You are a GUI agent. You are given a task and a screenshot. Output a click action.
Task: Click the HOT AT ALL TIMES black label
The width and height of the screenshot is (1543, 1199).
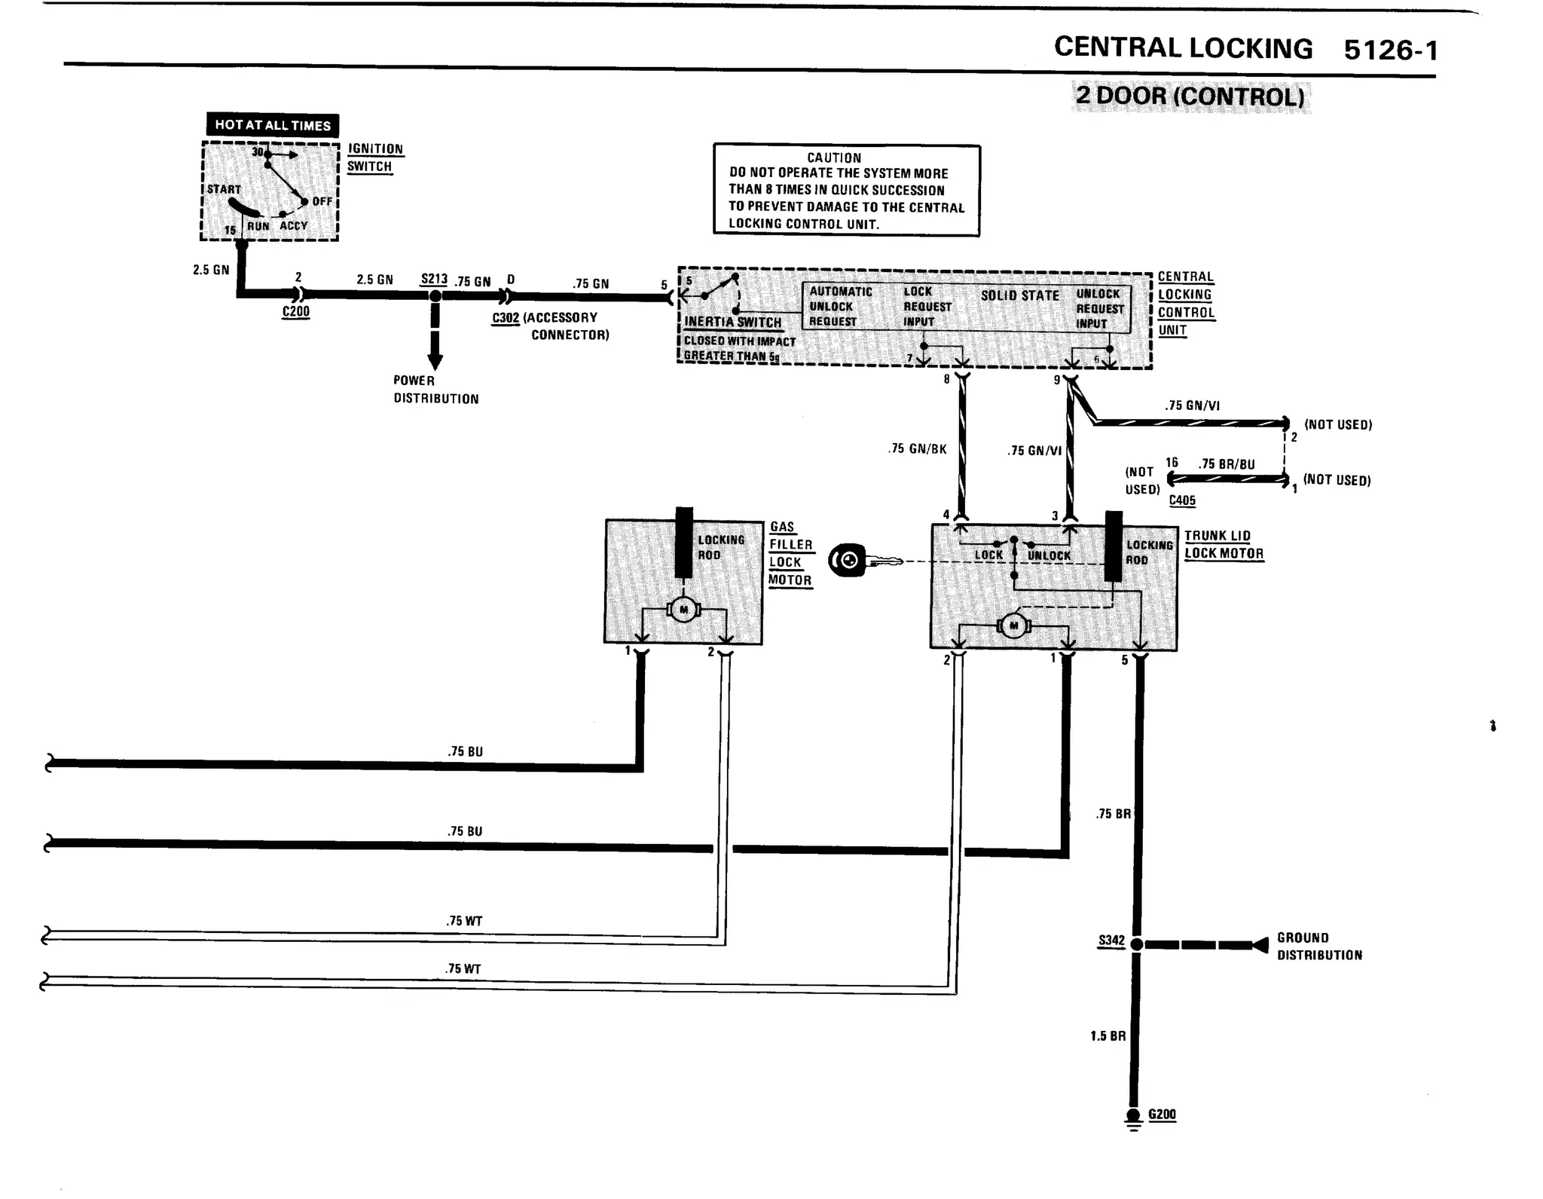[272, 125]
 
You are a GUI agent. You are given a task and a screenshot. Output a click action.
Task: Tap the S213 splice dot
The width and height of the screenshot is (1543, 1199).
[435, 296]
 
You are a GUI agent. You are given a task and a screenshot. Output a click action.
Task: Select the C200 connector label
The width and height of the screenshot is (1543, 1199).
[296, 311]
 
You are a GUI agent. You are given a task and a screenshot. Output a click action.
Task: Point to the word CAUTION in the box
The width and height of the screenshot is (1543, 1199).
[833, 158]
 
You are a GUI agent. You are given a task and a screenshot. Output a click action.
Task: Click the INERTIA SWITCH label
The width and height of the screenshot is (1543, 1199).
[732, 323]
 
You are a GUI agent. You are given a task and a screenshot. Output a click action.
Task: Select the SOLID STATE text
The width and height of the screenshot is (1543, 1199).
[1019, 295]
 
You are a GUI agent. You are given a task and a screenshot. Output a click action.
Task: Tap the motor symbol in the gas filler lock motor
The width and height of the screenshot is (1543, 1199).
[683, 610]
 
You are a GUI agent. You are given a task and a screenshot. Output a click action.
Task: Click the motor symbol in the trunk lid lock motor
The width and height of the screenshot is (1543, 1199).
[1013, 625]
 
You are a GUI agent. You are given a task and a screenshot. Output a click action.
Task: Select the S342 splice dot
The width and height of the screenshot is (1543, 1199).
[1137, 944]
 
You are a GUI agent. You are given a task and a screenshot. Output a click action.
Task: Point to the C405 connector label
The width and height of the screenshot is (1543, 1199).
[1182, 500]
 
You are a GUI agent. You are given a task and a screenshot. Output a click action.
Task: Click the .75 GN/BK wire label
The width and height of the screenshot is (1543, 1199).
[917, 449]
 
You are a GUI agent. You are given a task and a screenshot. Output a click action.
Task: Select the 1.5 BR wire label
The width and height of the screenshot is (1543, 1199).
[1108, 1036]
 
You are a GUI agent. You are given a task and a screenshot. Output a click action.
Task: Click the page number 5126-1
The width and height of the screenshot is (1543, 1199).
[1391, 50]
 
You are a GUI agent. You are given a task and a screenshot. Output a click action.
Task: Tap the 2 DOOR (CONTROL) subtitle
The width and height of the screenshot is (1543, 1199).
[1190, 96]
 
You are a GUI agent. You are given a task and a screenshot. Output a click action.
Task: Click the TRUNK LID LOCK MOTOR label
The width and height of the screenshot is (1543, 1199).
[1223, 544]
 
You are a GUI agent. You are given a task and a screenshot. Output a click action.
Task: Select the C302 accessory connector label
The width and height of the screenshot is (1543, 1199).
[506, 318]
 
